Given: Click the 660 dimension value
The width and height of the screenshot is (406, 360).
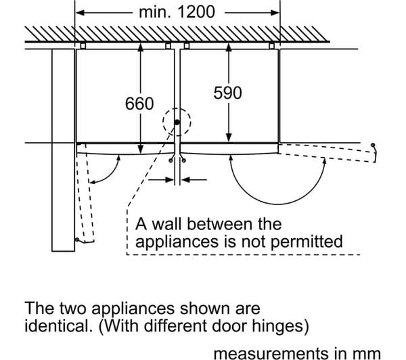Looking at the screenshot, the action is click(139, 104).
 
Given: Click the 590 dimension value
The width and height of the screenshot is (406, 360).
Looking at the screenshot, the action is click(227, 93).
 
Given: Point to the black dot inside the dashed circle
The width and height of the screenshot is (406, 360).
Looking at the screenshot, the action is click(177, 122).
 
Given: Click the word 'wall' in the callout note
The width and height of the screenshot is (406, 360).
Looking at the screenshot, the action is click(166, 224).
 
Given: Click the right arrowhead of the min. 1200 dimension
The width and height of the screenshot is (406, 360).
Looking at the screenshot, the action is click(275, 12).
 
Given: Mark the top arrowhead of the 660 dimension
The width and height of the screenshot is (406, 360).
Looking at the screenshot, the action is click(140, 48).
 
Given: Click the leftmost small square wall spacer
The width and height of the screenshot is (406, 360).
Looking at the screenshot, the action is click(83, 46).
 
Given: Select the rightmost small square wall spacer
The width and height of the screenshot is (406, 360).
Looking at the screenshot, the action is click(271, 46).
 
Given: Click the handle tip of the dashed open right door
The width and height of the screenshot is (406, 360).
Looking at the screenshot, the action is click(373, 145).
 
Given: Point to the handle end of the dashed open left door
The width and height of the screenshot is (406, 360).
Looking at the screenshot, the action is click(77, 240).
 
